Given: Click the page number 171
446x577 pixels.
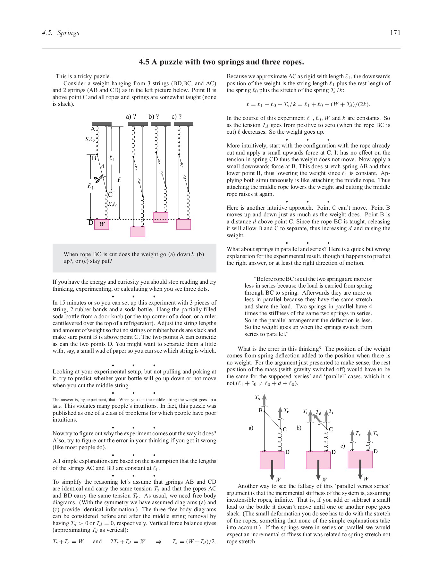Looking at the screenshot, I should [x=395, y=33].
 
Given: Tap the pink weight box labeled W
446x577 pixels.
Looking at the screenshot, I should [x=102, y=224].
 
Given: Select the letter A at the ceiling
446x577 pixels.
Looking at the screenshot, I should [x=93, y=129].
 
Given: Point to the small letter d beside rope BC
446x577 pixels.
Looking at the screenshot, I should [x=103, y=166].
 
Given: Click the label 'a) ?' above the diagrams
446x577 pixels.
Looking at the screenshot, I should [x=131, y=116].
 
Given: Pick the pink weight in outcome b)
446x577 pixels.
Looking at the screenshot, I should [x=161, y=217].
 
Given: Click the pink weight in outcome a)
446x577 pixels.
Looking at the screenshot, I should [x=138, y=232].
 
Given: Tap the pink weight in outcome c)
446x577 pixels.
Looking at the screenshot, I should [x=183, y=224].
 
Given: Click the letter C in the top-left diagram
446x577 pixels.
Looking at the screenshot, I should [x=110, y=195].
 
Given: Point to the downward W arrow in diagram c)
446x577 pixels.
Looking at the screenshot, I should [x=360, y=470].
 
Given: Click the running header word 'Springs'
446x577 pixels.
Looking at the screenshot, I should [x=68, y=33].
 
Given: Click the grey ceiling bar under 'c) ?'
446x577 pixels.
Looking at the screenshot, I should [x=183, y=124].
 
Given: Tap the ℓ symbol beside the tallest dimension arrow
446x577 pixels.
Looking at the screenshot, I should [x=119, y=180].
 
